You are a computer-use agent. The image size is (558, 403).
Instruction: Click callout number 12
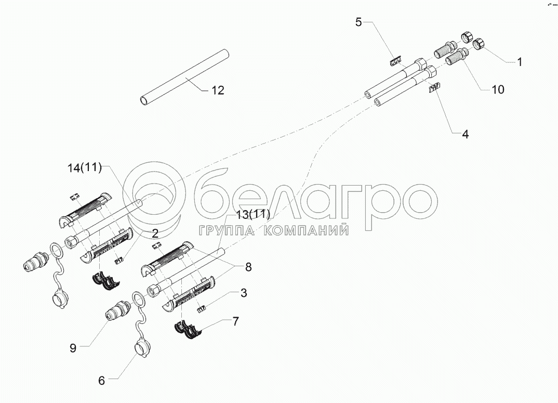pyautogui.click(x=218, y=90)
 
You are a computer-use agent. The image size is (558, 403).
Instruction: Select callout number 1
pyautogui.click(x=519, y=62)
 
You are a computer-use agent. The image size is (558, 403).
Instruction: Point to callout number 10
pyautogui.click(x=497, y=89)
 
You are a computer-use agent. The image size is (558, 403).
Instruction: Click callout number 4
pyautogui.click(x=464, y=134)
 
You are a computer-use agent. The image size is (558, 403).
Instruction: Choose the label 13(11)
pyautogui.click(x=253, y=214)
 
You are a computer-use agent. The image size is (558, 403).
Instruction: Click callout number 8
pyautogui.click(x=248, y=267)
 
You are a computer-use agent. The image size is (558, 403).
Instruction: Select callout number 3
pyautogui.click(x=243, y=293)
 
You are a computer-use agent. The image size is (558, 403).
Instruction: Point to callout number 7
pyautogui.click(x=235, y=321)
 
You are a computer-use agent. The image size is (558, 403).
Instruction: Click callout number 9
pyautogui.click(x=73, y=348)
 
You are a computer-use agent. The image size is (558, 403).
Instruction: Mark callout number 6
pyautogui.click(x=101, y=381)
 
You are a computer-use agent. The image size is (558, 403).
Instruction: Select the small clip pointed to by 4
pyautogui.click(x=433, y=88)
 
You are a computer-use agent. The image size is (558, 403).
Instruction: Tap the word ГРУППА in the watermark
pyautogui.click(x=225, y=230)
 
